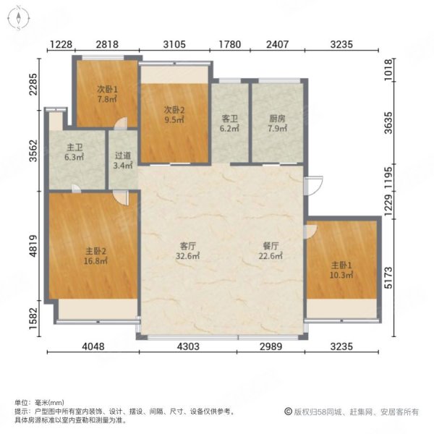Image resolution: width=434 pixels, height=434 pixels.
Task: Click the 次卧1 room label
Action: [107, 90]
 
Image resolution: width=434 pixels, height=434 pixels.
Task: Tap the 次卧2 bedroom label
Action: [174, 111]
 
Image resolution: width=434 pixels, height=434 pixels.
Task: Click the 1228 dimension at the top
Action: [61, 45]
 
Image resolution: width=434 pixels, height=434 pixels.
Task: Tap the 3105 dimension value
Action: [174, 45]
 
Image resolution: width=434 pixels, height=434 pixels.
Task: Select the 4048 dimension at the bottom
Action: [93, 346]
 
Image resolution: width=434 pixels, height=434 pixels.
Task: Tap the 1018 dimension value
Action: [407, 70]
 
